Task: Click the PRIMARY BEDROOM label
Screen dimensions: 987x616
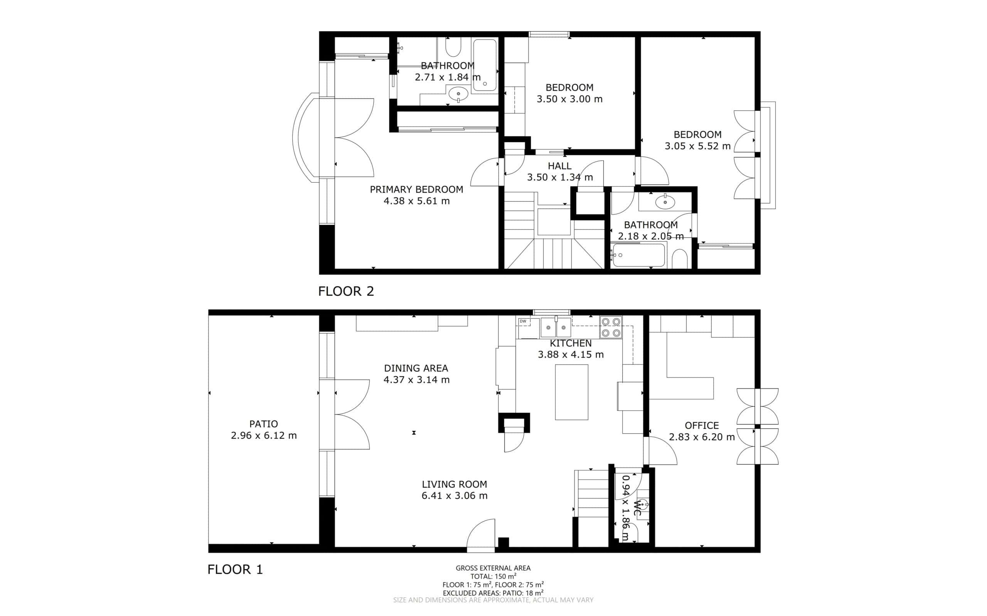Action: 416,190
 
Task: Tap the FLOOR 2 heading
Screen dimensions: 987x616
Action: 346,291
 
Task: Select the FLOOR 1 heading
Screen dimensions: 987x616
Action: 235,569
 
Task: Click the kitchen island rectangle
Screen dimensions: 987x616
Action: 571,392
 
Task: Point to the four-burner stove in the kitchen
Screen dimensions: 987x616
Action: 611,327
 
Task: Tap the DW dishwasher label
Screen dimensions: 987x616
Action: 523,321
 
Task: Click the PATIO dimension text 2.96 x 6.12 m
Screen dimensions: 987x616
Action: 264,436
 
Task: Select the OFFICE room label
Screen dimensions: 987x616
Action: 702,426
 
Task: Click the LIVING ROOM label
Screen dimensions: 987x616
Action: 454,484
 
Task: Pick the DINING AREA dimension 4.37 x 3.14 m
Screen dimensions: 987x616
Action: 416,380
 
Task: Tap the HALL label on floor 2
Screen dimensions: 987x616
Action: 559,166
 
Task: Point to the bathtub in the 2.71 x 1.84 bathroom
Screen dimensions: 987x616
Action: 485,65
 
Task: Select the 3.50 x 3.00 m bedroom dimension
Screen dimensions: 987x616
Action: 569,99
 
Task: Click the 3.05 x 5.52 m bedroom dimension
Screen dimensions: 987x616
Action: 697,146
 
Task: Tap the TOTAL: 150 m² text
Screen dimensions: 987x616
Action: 493,576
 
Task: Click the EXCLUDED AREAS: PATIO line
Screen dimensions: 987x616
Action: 493,593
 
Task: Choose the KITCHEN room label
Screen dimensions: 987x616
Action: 570,344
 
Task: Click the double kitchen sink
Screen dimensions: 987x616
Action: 556,327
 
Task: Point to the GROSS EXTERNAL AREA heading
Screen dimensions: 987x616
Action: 493,568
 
